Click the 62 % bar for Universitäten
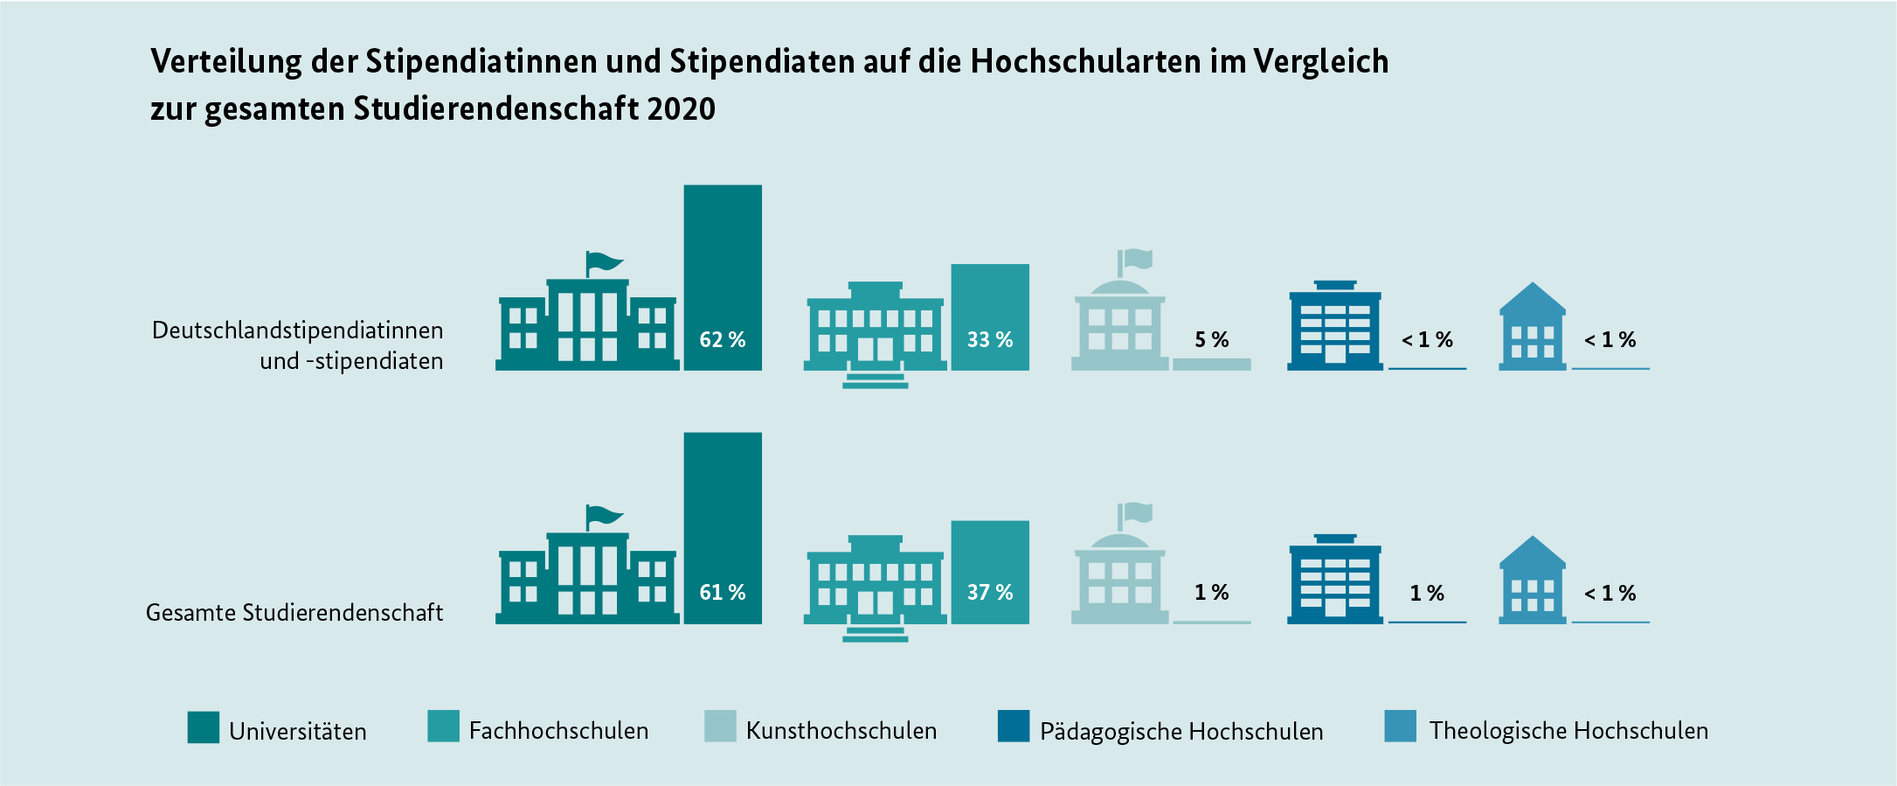(723, 277)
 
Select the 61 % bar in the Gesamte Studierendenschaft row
(723, 528)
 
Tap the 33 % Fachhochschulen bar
(990, 316)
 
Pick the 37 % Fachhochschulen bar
(990, 572)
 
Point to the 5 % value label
(1211, 339)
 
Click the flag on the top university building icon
(604, 261)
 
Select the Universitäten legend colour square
(204, 727)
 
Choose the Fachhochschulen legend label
(558, 731)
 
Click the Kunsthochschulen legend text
(841, 731)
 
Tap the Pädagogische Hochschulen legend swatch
(1014, 727)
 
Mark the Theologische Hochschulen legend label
(1568, 731)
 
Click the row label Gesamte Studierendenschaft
(294, 613)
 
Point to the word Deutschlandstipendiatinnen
(297, 330)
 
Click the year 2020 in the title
(682, 109)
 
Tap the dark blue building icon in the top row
(1335, 326)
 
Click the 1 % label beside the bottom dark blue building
(1426, 593)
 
